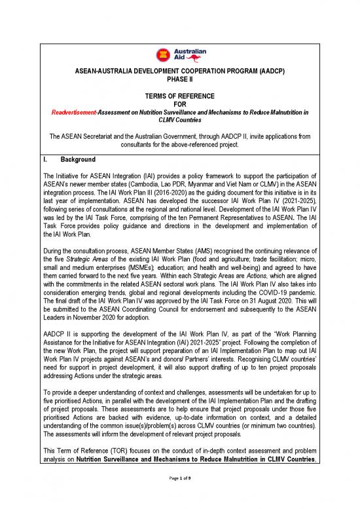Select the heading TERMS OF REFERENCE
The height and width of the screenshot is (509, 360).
tap(180, 95)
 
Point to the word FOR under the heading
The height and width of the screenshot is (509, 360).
tap(180, 104)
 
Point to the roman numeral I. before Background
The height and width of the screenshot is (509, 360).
tap(45, 159)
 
